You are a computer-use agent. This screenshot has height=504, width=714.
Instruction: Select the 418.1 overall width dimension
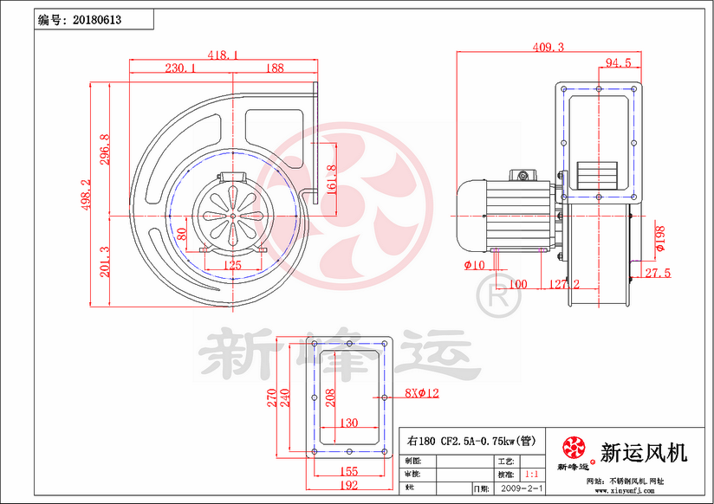click(224, 55)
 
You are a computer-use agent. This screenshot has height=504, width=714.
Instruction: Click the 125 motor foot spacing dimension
click(232, 266)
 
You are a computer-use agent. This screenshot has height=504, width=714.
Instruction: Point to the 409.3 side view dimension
click(548, 47)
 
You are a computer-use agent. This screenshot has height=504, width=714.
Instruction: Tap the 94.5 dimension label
click(618, 62)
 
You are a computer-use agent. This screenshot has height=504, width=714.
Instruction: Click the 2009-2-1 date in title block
click(523, 488)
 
